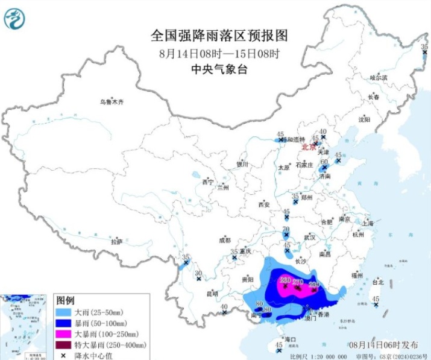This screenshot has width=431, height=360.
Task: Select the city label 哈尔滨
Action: tap(379, 78)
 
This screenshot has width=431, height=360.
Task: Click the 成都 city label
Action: tap(225, 239)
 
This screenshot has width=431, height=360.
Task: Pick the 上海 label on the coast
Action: tap(367, 223)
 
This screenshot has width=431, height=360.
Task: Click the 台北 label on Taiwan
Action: tap(377, 281)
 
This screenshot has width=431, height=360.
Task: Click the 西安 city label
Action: tap(263, 205)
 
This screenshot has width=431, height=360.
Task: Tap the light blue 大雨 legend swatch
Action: tap(63, 311)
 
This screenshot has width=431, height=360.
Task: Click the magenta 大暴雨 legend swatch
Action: tap(63, 333)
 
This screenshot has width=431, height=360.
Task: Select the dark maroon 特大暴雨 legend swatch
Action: tap(63, 344)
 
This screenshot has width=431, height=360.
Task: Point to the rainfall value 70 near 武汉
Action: tap(287, 230)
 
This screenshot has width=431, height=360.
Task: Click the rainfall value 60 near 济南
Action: tap(324, 162)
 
